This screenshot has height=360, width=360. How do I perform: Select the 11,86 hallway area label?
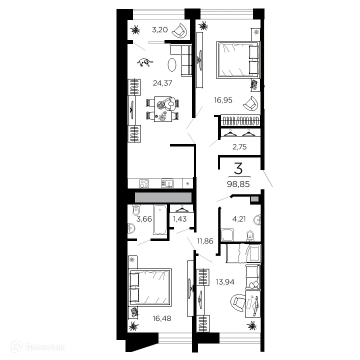205,241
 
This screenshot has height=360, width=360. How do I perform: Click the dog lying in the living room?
146,62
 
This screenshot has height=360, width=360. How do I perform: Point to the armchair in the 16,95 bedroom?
250,104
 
